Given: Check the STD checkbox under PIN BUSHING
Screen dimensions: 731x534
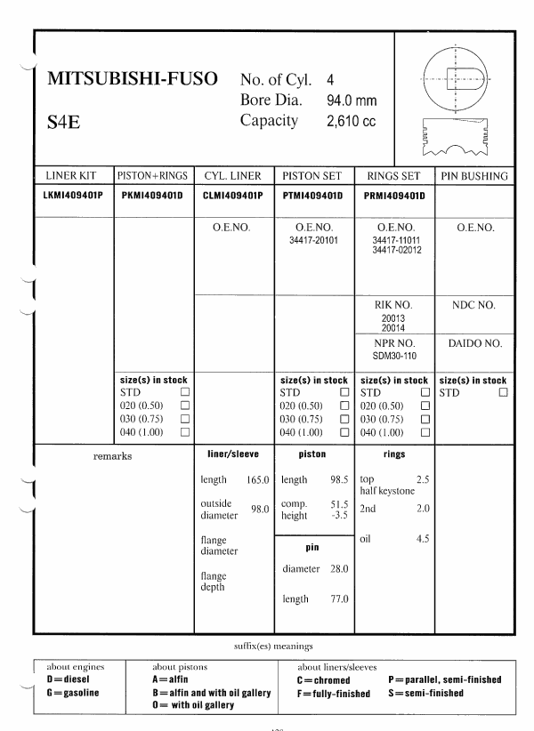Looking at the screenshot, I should pyautogui.click(x=505, y=391).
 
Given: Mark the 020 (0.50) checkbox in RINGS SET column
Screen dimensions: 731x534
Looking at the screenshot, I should pyautogui.click(x=424, y=406).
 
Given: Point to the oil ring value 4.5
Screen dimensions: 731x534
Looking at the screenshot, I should pyautogui.click(x=424, y=536).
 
